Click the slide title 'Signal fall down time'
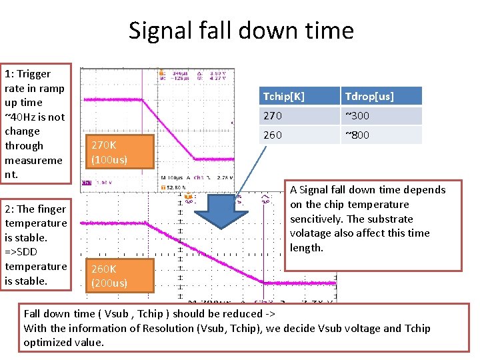pos(241,31)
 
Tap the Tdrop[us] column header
pos(369,97)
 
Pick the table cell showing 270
pos(273,116)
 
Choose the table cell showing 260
pos(273,135)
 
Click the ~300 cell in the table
pos(357,116)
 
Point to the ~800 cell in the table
pos(357,135)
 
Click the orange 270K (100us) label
pos(109,153)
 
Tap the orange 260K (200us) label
pos(109,276)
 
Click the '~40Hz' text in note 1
pos(19,117)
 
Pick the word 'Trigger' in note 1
pos(34,74)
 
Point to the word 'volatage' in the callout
pos(313,233)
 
